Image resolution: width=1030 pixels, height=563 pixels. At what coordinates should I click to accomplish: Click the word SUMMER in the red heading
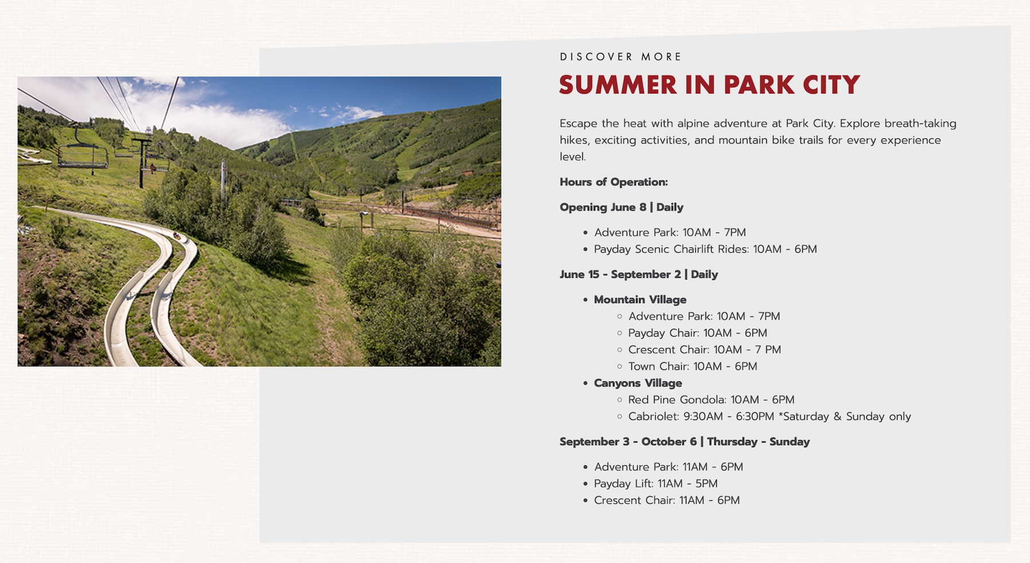click(x=618, y=85)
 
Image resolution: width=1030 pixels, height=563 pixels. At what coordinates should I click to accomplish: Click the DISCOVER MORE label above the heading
click(x=621, y=57)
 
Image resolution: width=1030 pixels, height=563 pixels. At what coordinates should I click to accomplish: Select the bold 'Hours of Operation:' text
click(x=613, y=182)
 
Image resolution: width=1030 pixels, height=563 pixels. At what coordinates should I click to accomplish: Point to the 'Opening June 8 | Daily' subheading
click(x=621, y=207)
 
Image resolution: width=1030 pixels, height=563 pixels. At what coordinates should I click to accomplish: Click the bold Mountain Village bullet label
click(x=640, y=300)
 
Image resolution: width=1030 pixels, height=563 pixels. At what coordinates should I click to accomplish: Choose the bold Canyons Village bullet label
click(x=637, y=383)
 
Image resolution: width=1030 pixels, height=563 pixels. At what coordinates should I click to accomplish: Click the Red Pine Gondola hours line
click(x=711, y=400)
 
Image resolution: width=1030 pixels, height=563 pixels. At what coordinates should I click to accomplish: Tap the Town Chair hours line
click(x=692, y=366)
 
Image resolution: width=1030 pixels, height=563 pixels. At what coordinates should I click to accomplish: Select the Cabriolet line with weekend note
click(x=770, y=416)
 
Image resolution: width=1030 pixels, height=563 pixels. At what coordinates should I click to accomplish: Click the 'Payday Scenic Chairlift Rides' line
click(x=705, y=249)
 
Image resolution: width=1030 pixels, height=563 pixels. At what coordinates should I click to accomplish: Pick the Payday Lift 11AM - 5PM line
click(x=656, y=484)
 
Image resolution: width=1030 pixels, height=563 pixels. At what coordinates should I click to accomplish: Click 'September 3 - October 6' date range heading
click(x=628, y=441)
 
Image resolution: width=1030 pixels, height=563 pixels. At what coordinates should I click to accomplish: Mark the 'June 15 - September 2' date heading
click(x=620, y=274)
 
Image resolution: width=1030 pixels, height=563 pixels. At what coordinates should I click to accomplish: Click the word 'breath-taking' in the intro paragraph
click(x=920, y=123)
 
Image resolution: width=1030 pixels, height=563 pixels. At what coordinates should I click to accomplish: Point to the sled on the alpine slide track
click(x=178, y=235)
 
